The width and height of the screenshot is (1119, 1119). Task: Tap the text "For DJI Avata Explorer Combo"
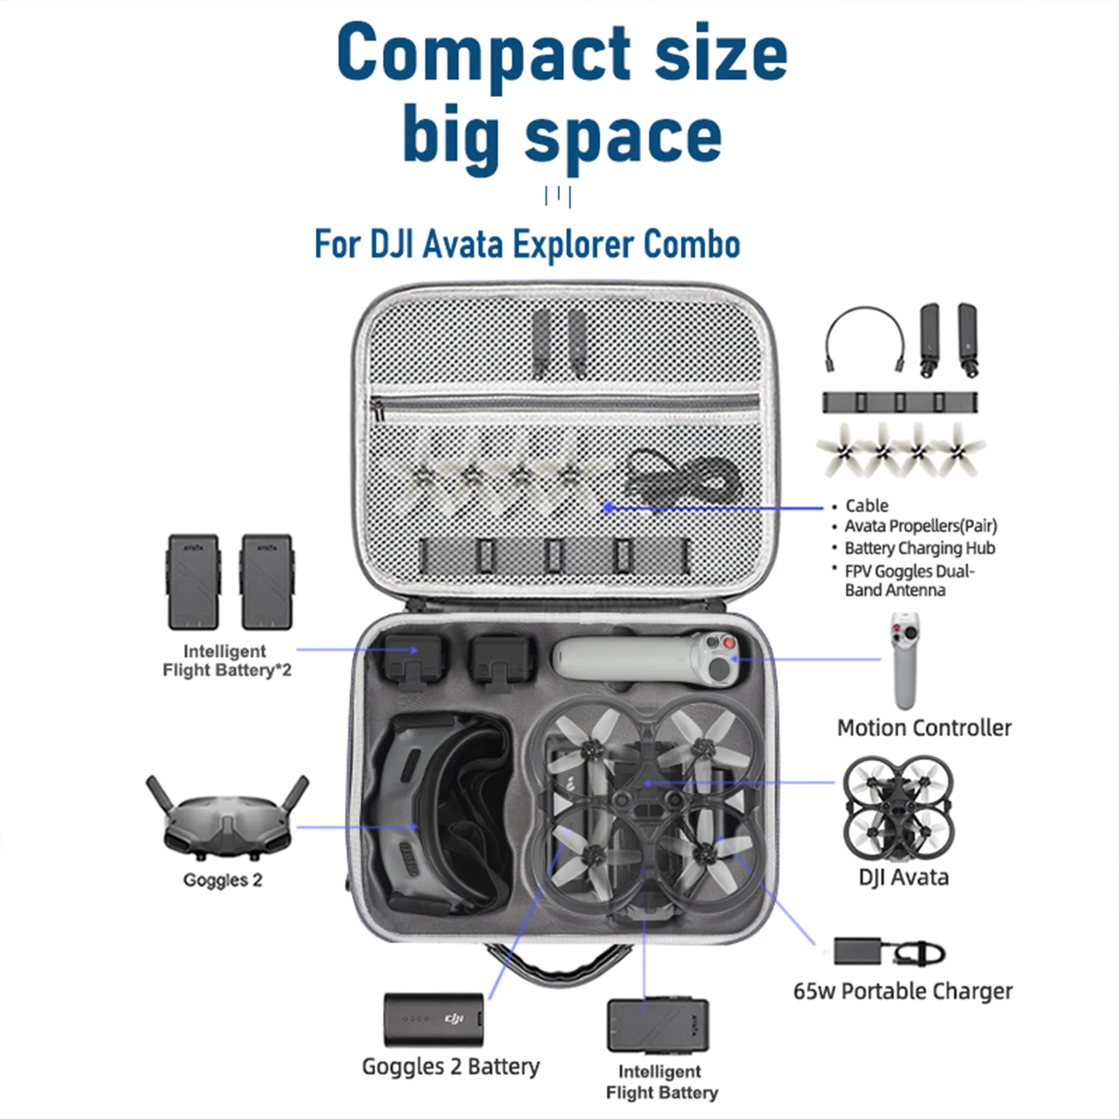527,244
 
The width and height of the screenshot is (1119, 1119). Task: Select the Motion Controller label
924,728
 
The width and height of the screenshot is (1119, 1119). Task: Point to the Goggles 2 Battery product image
433,1019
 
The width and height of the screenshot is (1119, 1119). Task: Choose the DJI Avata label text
904,877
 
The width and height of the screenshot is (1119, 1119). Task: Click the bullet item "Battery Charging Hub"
919,548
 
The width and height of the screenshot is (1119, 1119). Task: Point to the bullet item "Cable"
867,506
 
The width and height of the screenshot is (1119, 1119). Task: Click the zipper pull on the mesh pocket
378,412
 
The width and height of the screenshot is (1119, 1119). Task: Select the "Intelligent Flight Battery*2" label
227,661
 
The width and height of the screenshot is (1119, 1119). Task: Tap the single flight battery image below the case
657,1026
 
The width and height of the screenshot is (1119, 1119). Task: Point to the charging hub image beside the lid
900,402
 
